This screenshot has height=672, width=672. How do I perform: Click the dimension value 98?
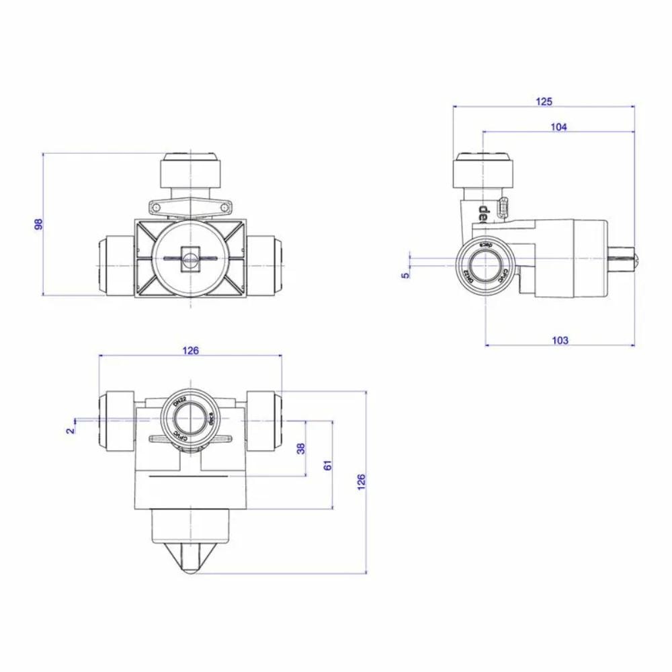pos(38,224)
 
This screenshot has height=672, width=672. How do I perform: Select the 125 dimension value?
pos(544,101)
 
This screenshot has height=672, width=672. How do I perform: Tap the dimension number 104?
pos(558,127)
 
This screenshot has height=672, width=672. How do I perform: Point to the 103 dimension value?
pos(559,340)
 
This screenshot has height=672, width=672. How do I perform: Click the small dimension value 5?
pos(405,274)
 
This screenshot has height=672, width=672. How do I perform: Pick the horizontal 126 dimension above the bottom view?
pos(191,350)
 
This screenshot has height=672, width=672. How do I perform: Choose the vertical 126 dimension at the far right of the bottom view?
pos(361,481)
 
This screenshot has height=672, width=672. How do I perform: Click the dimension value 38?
pos(301,448)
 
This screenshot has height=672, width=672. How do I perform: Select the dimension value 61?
pos(327,465)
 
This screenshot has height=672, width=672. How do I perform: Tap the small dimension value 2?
pos(70,430)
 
